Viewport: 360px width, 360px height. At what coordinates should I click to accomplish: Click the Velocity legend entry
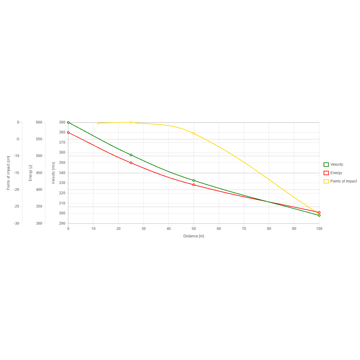(x=336, y=165)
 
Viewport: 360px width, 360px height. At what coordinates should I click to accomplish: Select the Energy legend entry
(x=336, y=173)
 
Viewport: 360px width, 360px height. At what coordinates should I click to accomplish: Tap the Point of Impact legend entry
(x=343, y=181)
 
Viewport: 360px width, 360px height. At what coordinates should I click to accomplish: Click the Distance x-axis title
(x=193, y=236)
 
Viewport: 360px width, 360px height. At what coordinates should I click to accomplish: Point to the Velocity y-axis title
(x=54, y=173)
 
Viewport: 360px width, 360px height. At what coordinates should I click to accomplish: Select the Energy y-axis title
(x=31, y=173)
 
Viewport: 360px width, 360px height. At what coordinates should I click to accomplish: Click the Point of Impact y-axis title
(x=9, y=173)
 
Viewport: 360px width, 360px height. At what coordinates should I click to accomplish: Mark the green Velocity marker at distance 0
(x=68, y=122)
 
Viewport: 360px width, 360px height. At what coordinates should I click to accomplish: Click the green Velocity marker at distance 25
(x=131, y=155)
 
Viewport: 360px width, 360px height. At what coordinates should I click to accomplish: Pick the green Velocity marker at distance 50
(x=193, y=180)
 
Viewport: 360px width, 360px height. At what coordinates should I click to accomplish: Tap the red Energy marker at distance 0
(x=68, y=132)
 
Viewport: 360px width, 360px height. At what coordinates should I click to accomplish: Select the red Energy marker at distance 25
(x=131, y=162)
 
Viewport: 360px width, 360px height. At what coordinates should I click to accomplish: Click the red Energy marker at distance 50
(x=193, y=184)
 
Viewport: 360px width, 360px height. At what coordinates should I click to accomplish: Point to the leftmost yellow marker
(x=98, y=123)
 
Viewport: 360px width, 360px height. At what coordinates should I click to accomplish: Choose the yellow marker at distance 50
(x=193, y=134)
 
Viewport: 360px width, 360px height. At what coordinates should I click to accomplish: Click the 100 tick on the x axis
(x=319, y=229)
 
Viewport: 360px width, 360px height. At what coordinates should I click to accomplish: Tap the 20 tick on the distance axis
(x=118, y=229)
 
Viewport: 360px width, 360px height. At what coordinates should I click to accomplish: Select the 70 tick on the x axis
(x=244, y=229)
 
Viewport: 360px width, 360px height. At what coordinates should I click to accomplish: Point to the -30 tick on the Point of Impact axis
(x=17, y=223)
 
